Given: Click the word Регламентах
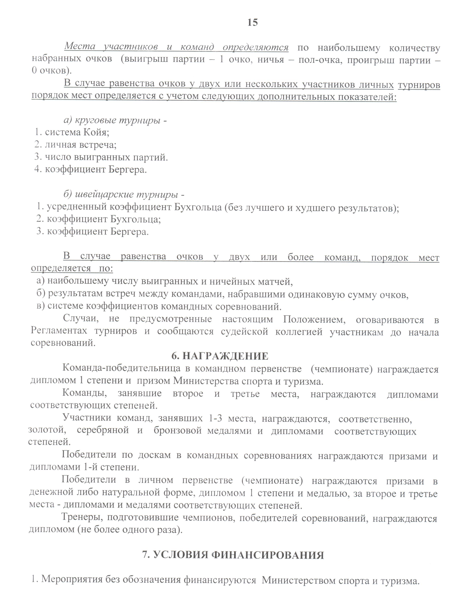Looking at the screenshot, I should point(59,331).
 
